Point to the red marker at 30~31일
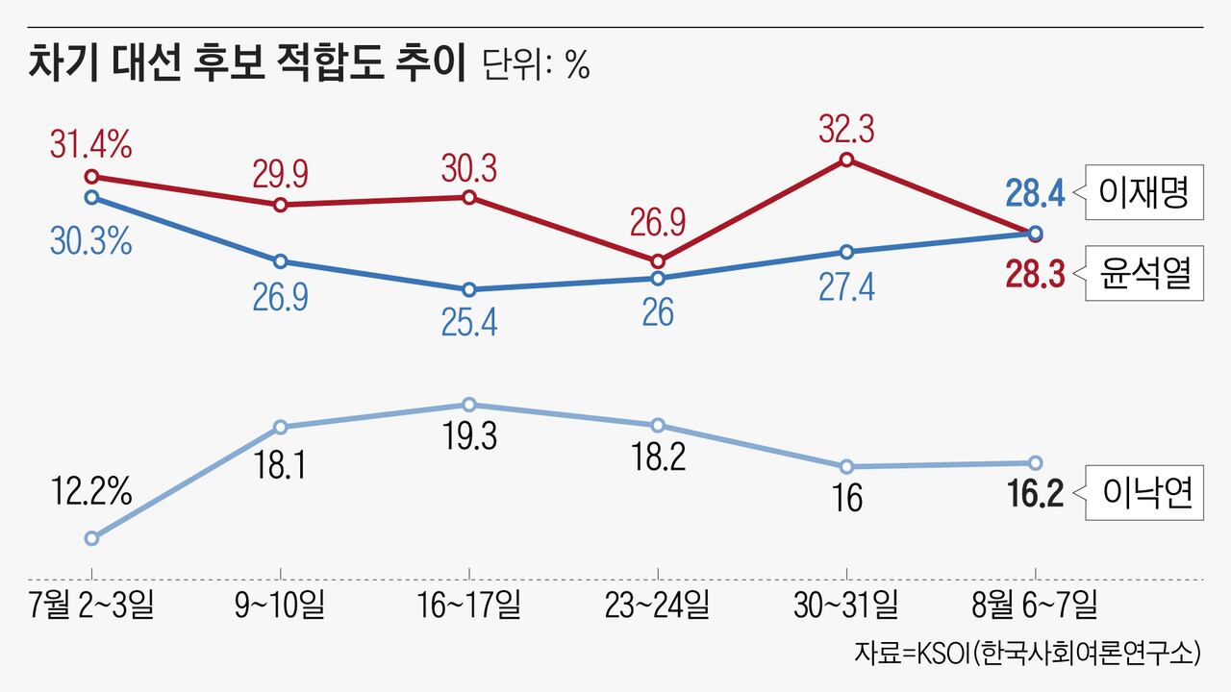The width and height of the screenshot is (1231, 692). (846, 160)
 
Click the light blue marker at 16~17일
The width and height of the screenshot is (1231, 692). (469, 405)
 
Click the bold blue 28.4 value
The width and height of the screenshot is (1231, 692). (1035, 195)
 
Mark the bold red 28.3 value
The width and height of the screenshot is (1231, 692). (1035, 275)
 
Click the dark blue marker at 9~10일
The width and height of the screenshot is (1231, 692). (280, 261)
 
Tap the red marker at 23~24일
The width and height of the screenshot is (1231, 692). (658, 261)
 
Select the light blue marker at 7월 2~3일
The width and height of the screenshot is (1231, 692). (91, 538)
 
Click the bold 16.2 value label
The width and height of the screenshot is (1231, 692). (1035, 495)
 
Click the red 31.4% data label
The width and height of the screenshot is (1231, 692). (91, 147)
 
